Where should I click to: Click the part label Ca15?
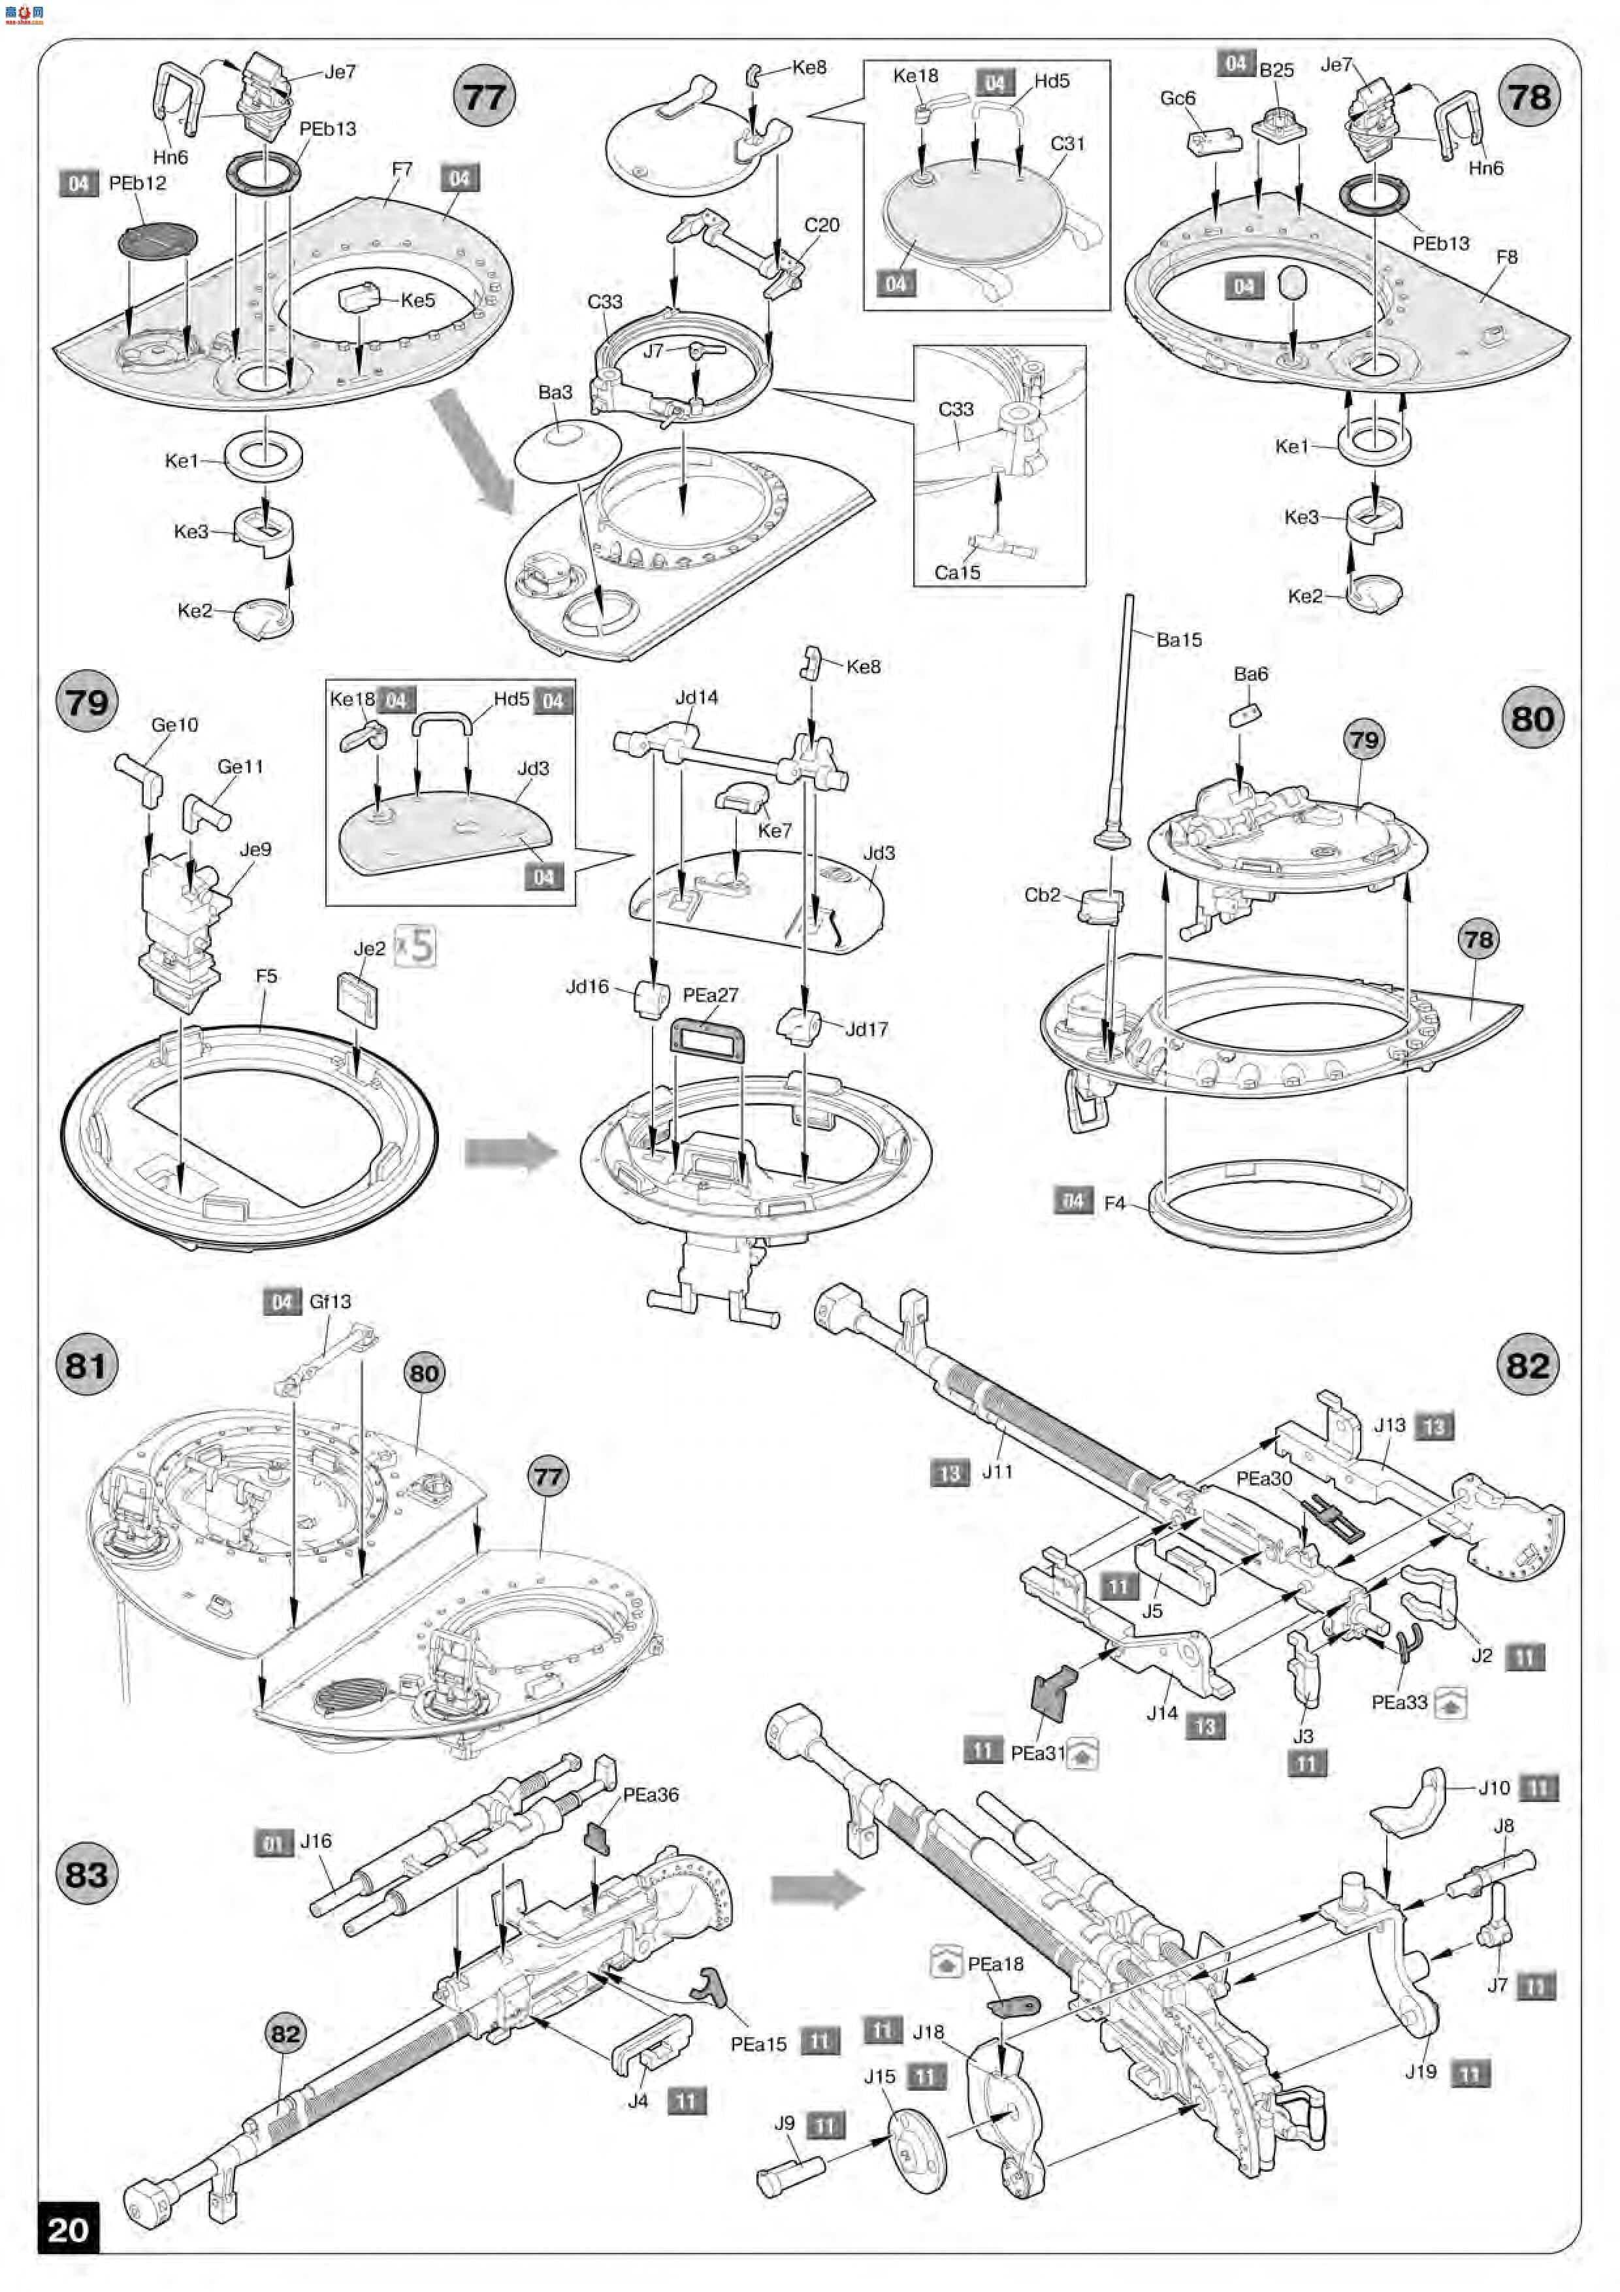click(956, 572)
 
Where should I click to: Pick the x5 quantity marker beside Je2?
click(415, 945)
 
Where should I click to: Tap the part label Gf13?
click(329, 1302)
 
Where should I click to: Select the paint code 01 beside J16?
click(272, 1844)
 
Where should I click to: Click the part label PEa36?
click(650, 1794)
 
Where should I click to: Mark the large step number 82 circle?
click(1528, 1366)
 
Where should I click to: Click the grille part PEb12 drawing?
click(157, 240)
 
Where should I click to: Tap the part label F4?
click(1114, 1203)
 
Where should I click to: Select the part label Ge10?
click(174, 725)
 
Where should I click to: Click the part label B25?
click(1276, 70)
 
